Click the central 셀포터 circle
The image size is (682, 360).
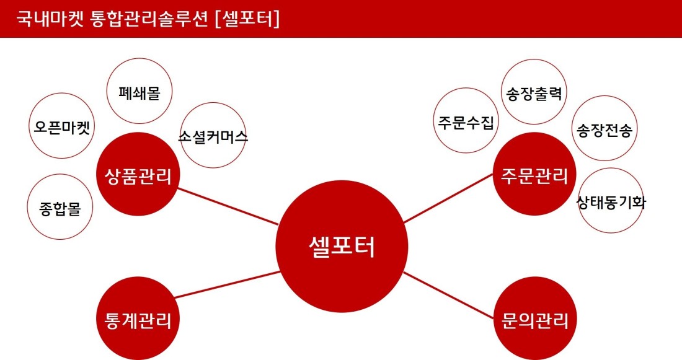click(x=342, y=246)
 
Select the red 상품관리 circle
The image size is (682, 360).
click(x=138, y=174)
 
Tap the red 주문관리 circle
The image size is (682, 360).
click(x=534, y=174)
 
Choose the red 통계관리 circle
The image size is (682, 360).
click(x=138, y=318)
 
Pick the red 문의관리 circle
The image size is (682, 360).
click(x=535, y=318)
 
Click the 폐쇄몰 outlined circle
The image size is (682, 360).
click(x=139, y=91)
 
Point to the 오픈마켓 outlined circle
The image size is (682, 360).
click(x=62, y=126)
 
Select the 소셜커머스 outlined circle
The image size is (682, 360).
click(x=213, y=135)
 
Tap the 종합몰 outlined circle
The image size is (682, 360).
click(x=60, y=207)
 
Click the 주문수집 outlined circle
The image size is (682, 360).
click(x=466, y=120)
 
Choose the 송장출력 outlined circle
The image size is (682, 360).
click(x=534, y=92)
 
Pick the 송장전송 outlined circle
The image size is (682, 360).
click(x=604, y=128)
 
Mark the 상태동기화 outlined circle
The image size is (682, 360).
click(x=611, y=201)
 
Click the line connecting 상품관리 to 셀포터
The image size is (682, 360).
click(x=228, y=206)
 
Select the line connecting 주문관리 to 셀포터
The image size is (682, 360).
click(x=448, y=198)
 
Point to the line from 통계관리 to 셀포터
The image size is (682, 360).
click(x=227, y=285)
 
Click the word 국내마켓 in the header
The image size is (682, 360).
click(x=50, y=19)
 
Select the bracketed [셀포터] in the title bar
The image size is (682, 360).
click(x=247, y=19)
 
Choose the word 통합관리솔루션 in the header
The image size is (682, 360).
click(x=149, y=19)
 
